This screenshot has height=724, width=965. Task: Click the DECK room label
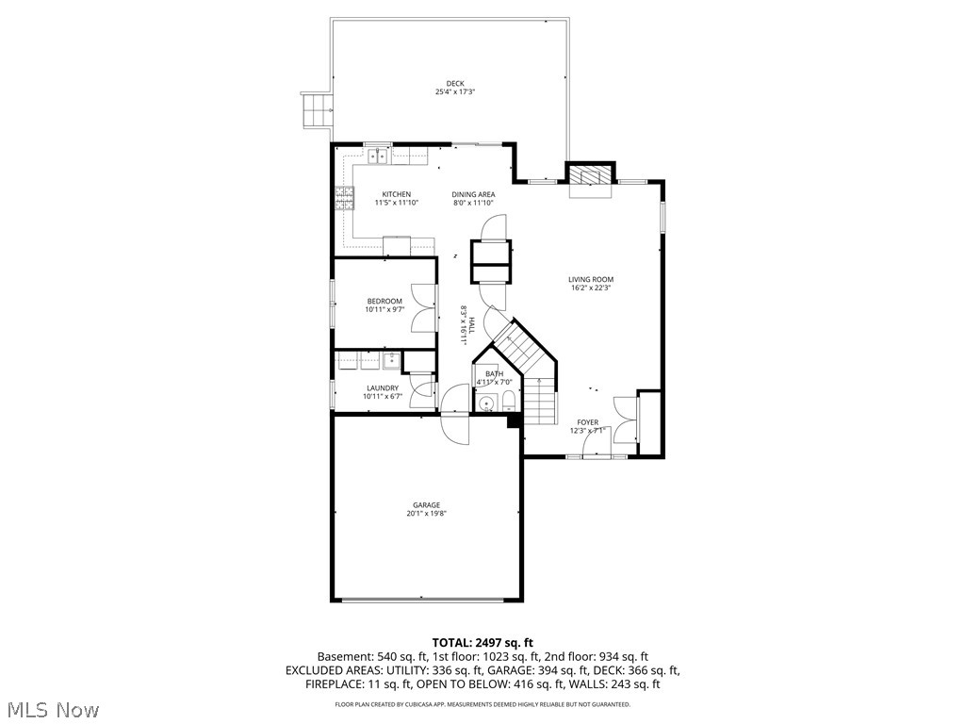pos(455,83)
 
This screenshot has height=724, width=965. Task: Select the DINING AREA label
pos(473,194)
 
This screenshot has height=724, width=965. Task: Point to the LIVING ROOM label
pos(591,279)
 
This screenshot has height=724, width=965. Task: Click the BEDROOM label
pos(384,301)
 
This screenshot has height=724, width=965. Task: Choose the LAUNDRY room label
pos(383,387)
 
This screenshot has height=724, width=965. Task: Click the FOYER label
pos(587,422)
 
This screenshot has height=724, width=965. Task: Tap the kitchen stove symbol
pos(345,198)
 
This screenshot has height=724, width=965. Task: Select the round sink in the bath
pos(486,404)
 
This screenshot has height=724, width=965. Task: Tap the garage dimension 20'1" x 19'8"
pos(425,515)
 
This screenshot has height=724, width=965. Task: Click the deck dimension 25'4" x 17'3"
pos(455,92)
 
